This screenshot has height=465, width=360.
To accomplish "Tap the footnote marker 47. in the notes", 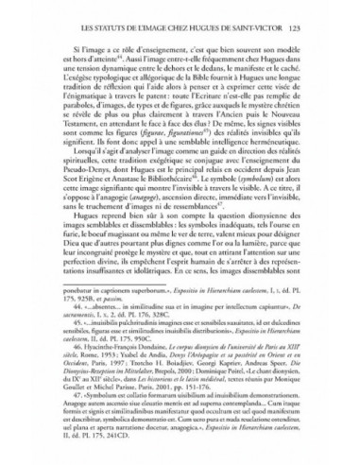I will pos(70,431).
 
